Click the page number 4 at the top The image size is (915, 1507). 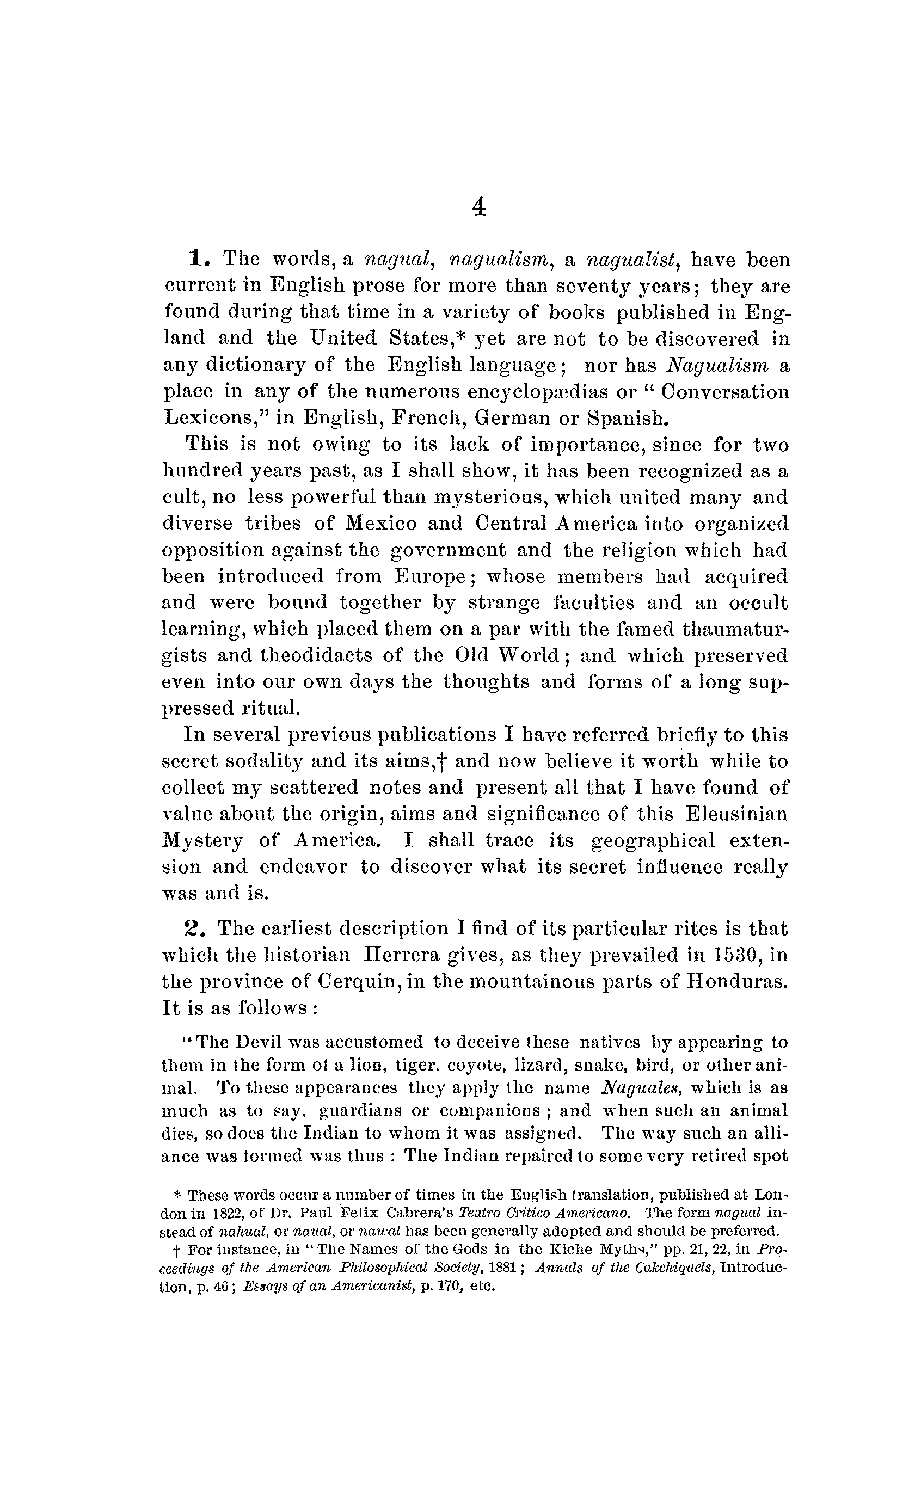point(479,208)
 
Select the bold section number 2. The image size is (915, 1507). point(192,928)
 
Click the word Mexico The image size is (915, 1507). point(381,524)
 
